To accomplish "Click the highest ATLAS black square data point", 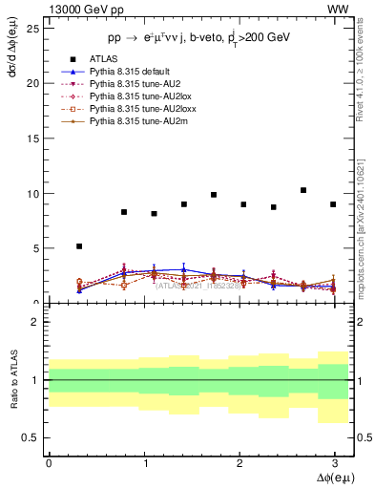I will point(302,190).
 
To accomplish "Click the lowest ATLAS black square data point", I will point(79,246).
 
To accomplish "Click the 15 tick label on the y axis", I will point(34,138).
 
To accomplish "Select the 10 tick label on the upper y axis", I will point(34,194).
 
